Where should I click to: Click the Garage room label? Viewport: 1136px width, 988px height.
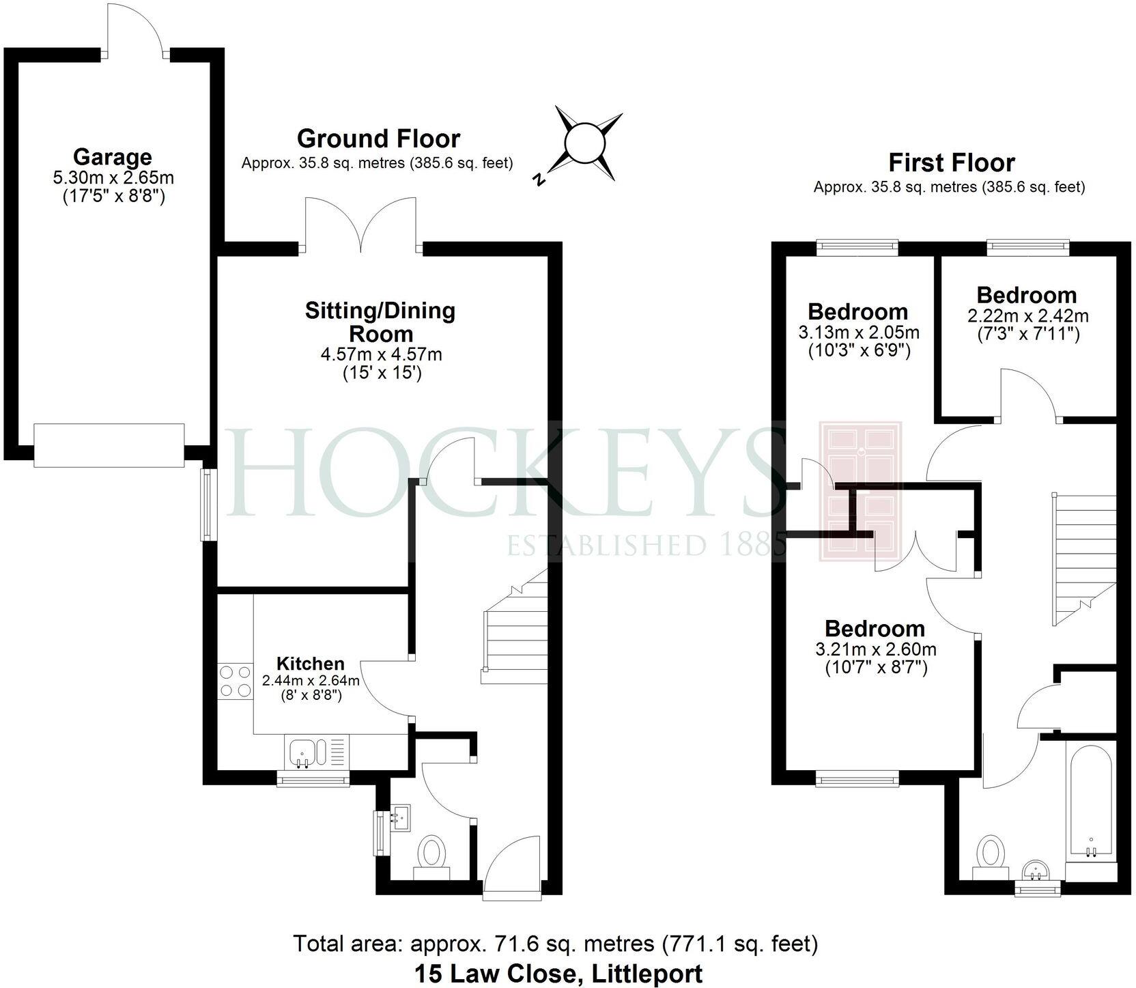pyautogui.click(x=112, y=157)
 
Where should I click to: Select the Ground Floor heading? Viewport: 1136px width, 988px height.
pyautogui.click(x=378, y=139)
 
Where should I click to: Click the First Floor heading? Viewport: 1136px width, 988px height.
pyautogui.click(x=951, y=163)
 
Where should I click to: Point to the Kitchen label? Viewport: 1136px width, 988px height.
pyautogui.click(x=310, y=663)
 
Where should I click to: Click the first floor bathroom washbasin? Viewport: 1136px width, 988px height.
pyautogui.click(x=1036, y=871)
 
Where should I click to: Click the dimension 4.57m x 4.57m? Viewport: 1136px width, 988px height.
pyautogui.click(x=381, y=355)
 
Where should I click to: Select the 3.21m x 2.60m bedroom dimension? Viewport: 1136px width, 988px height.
pyautogui.click(x=875, y=649)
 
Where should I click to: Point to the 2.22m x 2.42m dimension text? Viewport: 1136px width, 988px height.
pyautogui.click(x=1027, y=316)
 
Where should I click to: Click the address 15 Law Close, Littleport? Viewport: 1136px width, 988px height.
pyautogui.click(x=558, y=972)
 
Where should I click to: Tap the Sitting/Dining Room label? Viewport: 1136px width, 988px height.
pyautogui.click(x=380, y=322)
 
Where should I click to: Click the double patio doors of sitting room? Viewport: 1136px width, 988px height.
pyautogui.click(x=360, y=225)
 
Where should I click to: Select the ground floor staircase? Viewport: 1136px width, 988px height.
pyautogui.click(x=515, y=635)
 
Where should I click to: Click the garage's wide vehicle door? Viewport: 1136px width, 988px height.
pyautogui.click(x=109, y=445)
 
